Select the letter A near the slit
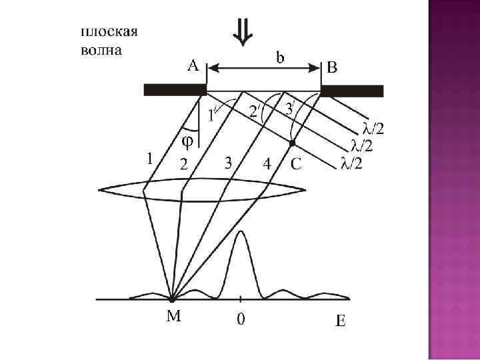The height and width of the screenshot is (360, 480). (193, 65)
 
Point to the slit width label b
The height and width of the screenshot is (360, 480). (281, 57)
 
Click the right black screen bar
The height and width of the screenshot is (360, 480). (352, 91)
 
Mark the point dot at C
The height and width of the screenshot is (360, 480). (292, 142)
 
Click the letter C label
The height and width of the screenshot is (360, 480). (296, 163)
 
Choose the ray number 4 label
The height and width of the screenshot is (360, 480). (267, 163)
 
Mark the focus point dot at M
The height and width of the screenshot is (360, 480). (173, 299)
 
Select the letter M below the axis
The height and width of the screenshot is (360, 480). (173, 318)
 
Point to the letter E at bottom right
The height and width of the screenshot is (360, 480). (340, 322)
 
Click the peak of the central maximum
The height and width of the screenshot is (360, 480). (240, 233)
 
